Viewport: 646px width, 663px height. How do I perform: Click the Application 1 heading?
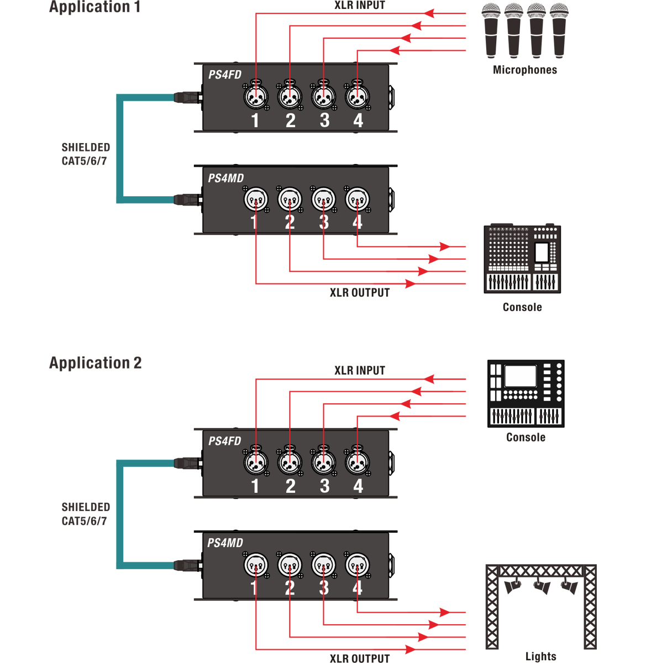[94, 7]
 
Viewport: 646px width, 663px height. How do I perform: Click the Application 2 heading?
[95, 363]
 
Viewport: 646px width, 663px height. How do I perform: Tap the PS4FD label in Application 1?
[225, 75]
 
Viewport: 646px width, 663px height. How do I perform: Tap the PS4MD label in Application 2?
[225, 543]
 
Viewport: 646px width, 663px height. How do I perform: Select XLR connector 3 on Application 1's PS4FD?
[324, 97]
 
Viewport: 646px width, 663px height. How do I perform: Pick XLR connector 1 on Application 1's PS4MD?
[256, 199]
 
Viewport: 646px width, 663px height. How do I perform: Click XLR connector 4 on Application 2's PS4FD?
[358, 462]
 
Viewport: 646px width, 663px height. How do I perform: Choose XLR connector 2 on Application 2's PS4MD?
[290, 565]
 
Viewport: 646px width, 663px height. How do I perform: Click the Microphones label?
[525, 70]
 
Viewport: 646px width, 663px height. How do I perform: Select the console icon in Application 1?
[522, 259]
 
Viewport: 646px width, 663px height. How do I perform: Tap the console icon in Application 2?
[526, 393]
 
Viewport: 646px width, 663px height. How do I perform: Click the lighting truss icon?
[540, 605]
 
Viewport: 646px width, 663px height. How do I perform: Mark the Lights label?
[540, 657]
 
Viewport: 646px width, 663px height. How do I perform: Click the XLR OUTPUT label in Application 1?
[360, 293]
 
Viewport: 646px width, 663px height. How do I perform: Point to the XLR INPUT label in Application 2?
[360, 370]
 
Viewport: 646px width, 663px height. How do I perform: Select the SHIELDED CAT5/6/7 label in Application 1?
[86, 154]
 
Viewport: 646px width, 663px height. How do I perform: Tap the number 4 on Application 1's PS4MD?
[358, 222]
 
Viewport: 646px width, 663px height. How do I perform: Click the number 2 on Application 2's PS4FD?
[291, 486]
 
